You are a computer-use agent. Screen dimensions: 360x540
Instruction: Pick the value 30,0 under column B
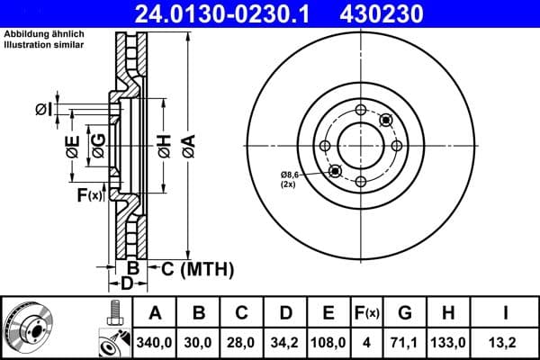[199, 342]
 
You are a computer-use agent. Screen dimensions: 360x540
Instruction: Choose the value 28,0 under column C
[242, 342]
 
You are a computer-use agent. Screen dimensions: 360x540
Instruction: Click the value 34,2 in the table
[285, 342]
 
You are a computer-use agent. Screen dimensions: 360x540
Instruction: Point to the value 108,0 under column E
[328, 342]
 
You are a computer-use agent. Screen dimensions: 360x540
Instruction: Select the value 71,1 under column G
[405, 342]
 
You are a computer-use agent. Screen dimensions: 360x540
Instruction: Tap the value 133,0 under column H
[452, 342]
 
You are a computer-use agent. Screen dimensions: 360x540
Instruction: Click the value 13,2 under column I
[506, 342]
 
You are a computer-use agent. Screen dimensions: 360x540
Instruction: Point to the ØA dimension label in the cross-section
[187, 143]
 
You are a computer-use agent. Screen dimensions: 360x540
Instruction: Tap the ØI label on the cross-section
[42, 110]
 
